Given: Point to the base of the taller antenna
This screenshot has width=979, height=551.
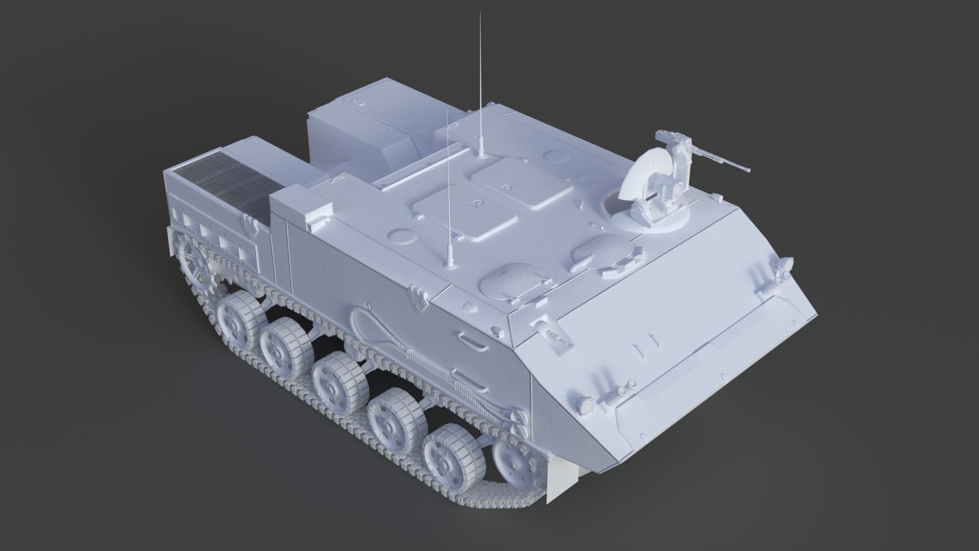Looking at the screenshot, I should coord(481,152).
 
